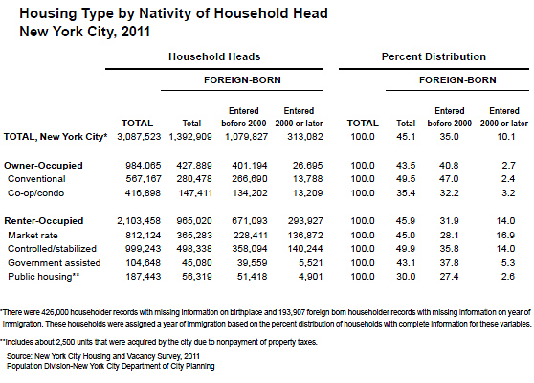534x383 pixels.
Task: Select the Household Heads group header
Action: [214, 56]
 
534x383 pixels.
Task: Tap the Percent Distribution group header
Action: [434, 56]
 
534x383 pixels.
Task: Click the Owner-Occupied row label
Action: [43, 166]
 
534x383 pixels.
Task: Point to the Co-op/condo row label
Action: [35, 193]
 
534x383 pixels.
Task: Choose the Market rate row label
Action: [33, 236]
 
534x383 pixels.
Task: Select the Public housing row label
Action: [44, 277]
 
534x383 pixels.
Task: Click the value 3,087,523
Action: [139, 137]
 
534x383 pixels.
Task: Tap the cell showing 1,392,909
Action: [190, 137]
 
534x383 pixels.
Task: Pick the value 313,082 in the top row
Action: [305, 137]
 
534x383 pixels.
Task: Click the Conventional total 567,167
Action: [143, 179]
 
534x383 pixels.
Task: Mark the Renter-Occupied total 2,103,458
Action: [139, 221]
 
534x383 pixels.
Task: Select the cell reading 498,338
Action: [194, 249]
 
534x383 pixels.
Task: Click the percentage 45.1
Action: [406, 137]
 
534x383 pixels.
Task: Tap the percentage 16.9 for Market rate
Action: [505, 236]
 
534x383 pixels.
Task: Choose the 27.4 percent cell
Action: [449, 277]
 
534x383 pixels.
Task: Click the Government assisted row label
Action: [55, 263]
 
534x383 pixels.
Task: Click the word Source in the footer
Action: [19, 357]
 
